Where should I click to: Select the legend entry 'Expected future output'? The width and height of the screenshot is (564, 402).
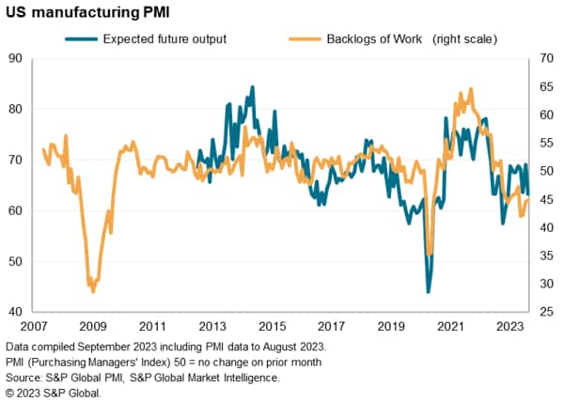coord(164,39)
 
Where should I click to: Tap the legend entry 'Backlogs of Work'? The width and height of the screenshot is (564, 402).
coord(361,39)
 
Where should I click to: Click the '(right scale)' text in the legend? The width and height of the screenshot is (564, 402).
coord(463,39)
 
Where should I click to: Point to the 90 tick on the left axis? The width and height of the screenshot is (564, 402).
coord(15,58)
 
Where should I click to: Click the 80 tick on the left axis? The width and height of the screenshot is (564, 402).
coord(15,109)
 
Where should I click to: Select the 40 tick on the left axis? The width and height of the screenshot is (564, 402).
coord(15,312)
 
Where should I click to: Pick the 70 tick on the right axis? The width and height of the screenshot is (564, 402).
coord(543,58)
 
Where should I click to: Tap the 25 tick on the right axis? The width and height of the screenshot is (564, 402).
coord(543,312)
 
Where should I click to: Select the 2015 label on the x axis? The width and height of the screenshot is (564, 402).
coord(273,326)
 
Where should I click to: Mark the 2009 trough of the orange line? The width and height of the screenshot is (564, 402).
coord(93,291)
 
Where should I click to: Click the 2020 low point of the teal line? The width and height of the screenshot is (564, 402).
coord(429,292)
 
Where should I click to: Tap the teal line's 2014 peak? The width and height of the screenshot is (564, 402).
coord(252,87)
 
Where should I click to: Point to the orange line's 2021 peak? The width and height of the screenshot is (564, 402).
coord(470,90)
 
